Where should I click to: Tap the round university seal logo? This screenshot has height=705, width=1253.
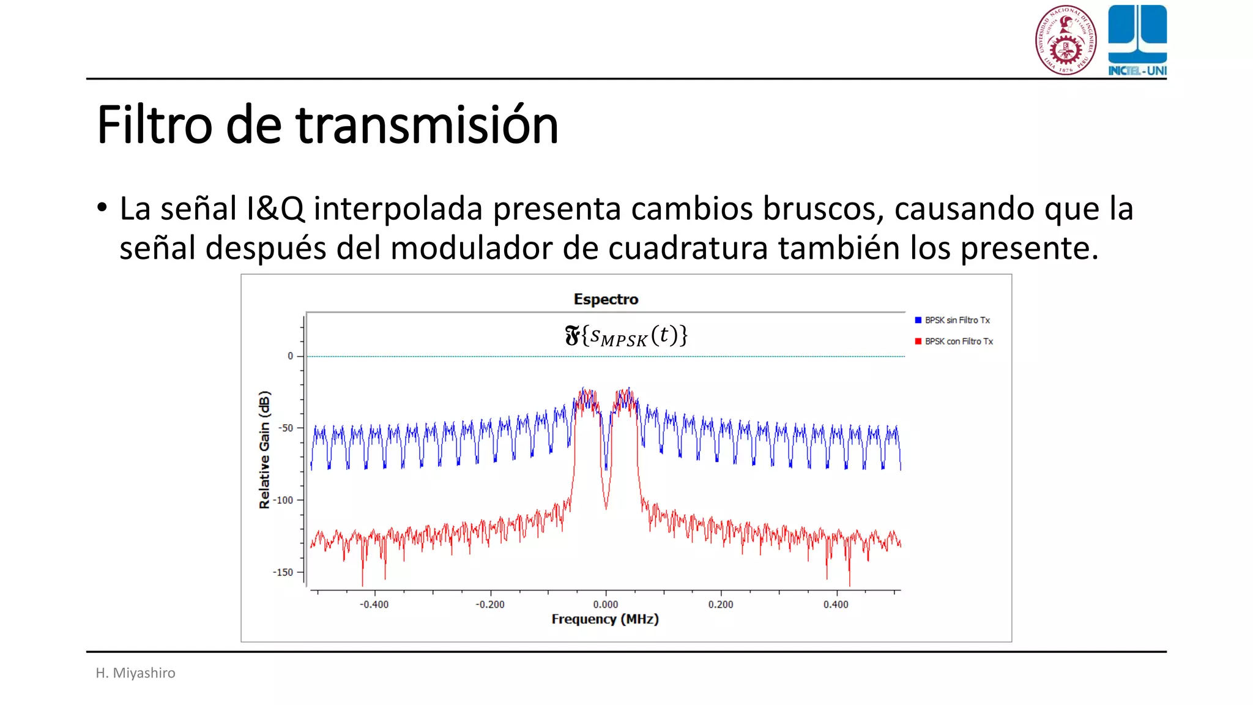[1065, 40]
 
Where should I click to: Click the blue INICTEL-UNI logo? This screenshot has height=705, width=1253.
[1137, 40]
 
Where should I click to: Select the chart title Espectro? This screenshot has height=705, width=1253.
[606, 299]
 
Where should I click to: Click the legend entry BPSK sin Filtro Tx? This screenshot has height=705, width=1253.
[957, 320]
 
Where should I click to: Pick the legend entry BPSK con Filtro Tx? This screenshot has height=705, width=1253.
[959, 341]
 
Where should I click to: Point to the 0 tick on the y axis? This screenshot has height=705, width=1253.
[291, 356]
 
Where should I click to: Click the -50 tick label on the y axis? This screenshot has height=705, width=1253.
[285, 428]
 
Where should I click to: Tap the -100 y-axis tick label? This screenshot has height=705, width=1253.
[283, 500]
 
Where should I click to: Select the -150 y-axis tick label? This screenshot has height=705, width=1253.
[283, 572]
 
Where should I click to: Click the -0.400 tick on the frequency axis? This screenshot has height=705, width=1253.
[374, 605]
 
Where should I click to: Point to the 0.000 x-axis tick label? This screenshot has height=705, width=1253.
[606, 605]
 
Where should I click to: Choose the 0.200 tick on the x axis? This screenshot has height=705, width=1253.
[721, 605]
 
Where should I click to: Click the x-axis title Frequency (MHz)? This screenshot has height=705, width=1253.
[605, 619]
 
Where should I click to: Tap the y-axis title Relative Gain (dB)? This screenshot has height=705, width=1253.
[264, 450]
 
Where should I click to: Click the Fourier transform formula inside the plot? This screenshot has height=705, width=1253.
[626, 336]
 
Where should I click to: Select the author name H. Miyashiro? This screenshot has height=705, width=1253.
[135, 673]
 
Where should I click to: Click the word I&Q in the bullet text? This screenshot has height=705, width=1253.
[275, 209]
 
